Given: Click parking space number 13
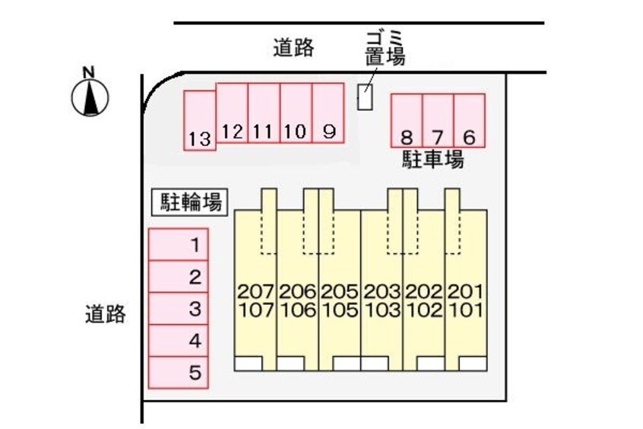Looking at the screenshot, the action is (x=200, y=121).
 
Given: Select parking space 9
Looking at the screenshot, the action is (x=328, y=113).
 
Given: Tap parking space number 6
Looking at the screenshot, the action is (x=470, y=120).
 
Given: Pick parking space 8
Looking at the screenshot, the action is (x=407, y=120).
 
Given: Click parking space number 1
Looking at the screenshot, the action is (x=179, y=245).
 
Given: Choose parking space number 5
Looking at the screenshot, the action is (x=179, y=373).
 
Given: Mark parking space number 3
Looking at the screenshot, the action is (x=179, y=309).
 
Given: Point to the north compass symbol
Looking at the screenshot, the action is (x=90, y=94).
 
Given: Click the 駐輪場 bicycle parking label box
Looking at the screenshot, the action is (x=190, y=202).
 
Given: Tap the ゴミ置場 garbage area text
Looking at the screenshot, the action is (x=385, y=49).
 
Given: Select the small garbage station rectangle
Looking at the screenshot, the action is (x=365, y=97).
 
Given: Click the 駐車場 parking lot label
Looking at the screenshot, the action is (x=432, y=159).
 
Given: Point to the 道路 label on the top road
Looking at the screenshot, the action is (x=293, y=48).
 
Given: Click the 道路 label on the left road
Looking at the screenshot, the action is (x=106, y=314).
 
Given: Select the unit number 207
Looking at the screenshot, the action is (x=256, y=292).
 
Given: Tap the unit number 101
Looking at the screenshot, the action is (x=466, y=310).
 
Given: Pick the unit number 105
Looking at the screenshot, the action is (x=340, y=310).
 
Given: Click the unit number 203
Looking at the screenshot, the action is (x=382, y=292).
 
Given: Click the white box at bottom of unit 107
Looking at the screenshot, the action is (x=248, y=364).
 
